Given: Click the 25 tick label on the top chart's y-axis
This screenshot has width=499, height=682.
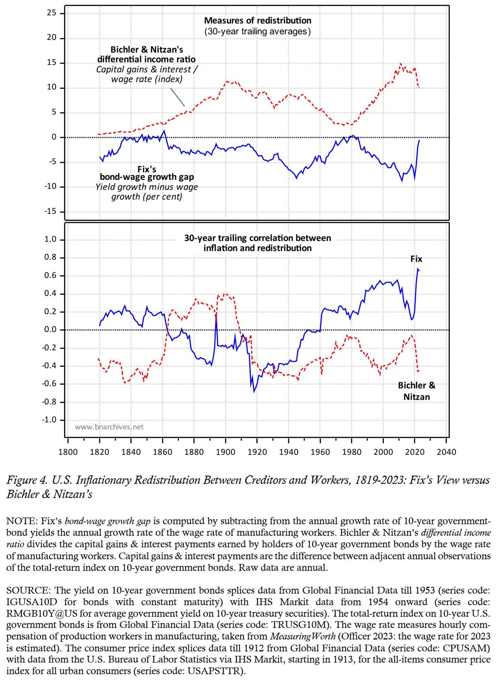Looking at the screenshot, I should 51,13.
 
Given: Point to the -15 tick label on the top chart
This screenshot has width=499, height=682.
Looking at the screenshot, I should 50,211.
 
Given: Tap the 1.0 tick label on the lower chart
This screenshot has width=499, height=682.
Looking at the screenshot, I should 50,239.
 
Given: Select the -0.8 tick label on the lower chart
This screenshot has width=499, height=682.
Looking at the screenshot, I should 49,402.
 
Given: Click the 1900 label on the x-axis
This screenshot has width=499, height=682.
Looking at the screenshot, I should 226,452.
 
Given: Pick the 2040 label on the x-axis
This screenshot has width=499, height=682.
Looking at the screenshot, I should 446,452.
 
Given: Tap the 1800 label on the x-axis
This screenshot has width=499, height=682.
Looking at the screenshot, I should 68,452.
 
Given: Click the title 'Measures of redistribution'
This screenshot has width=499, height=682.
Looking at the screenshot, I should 257,21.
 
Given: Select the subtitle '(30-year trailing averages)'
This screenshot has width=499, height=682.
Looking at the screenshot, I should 257,32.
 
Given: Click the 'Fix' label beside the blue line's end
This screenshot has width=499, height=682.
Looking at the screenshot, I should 416,259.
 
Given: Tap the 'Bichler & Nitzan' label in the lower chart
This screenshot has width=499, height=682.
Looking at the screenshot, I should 416,391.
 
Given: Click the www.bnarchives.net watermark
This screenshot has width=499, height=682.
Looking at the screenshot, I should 109,427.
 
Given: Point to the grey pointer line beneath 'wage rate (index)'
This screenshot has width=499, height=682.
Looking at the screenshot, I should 178,97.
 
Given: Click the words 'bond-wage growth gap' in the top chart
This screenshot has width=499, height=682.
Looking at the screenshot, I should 147,177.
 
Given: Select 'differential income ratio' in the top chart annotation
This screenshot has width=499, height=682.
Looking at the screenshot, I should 146,59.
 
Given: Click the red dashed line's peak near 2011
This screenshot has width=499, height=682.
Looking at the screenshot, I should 401,63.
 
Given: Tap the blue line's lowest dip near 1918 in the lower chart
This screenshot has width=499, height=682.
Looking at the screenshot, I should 254,392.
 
